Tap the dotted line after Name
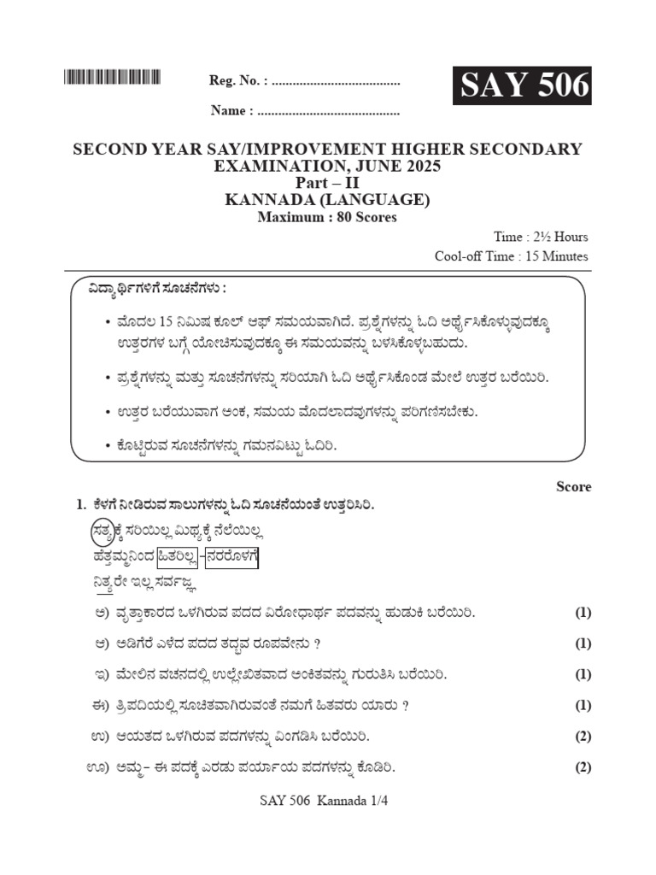coord(328,111)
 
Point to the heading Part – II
coord(327,184)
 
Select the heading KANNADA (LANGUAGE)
coord(327,201)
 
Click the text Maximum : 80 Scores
coord(327,218)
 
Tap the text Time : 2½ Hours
coord(540,237)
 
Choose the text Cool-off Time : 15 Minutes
coord(511,255)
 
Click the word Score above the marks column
coord(573,486)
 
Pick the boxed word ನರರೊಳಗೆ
coord(231,558)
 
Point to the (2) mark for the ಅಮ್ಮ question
coord(583,766)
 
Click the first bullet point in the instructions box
coord(107,322)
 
